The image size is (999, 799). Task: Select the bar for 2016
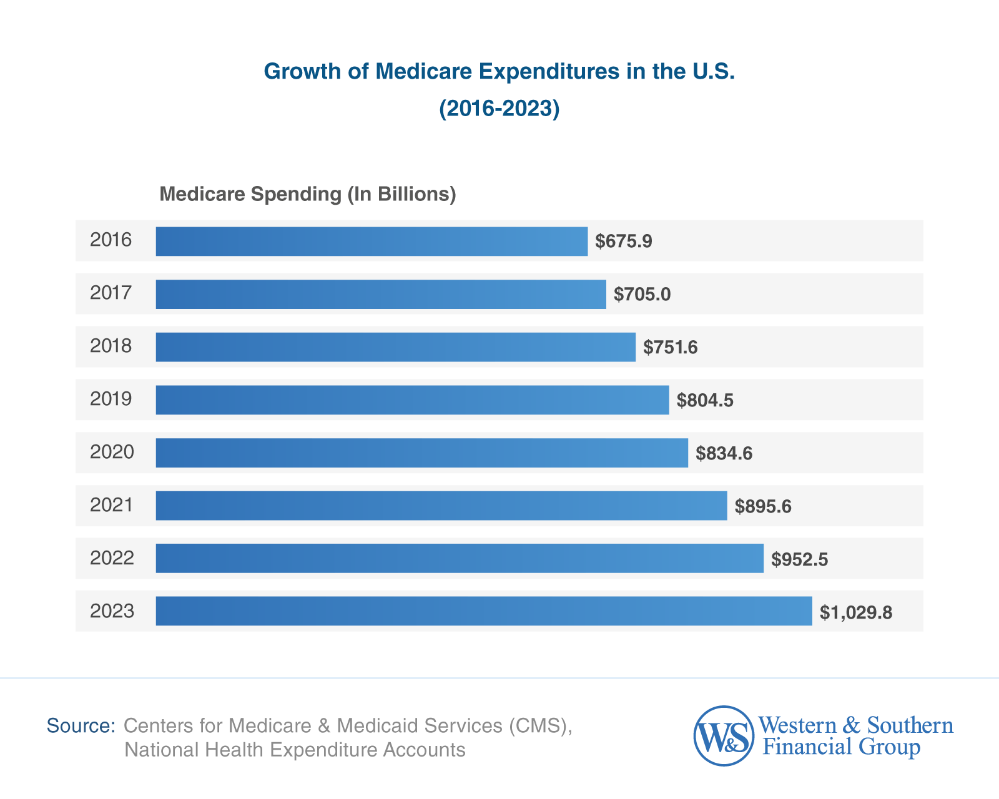click(372, 241)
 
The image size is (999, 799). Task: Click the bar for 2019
click(412, 399)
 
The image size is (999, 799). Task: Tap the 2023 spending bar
click(484, 611)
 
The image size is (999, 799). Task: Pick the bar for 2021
click(441, 506)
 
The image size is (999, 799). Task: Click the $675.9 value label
click(623, 241)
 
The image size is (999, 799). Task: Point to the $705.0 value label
click(642, 294)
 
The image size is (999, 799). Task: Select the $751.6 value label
click(671, 347)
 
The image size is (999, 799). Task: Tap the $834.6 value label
click(724, 453)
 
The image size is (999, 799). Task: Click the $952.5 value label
click(799, 559)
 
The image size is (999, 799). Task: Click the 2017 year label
click(111, 293)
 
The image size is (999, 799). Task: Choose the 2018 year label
click(111, 346)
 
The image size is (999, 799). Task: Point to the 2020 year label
click(112, 452)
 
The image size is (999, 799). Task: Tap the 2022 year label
click(112, 558)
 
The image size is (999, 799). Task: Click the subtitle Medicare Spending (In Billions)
click(308, 194)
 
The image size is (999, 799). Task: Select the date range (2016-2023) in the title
click(499, 109)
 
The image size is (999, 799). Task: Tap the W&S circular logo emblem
click(724, 736)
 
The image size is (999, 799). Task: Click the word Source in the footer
click(81, 726)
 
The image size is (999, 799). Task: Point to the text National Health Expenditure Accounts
click(295, 750)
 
